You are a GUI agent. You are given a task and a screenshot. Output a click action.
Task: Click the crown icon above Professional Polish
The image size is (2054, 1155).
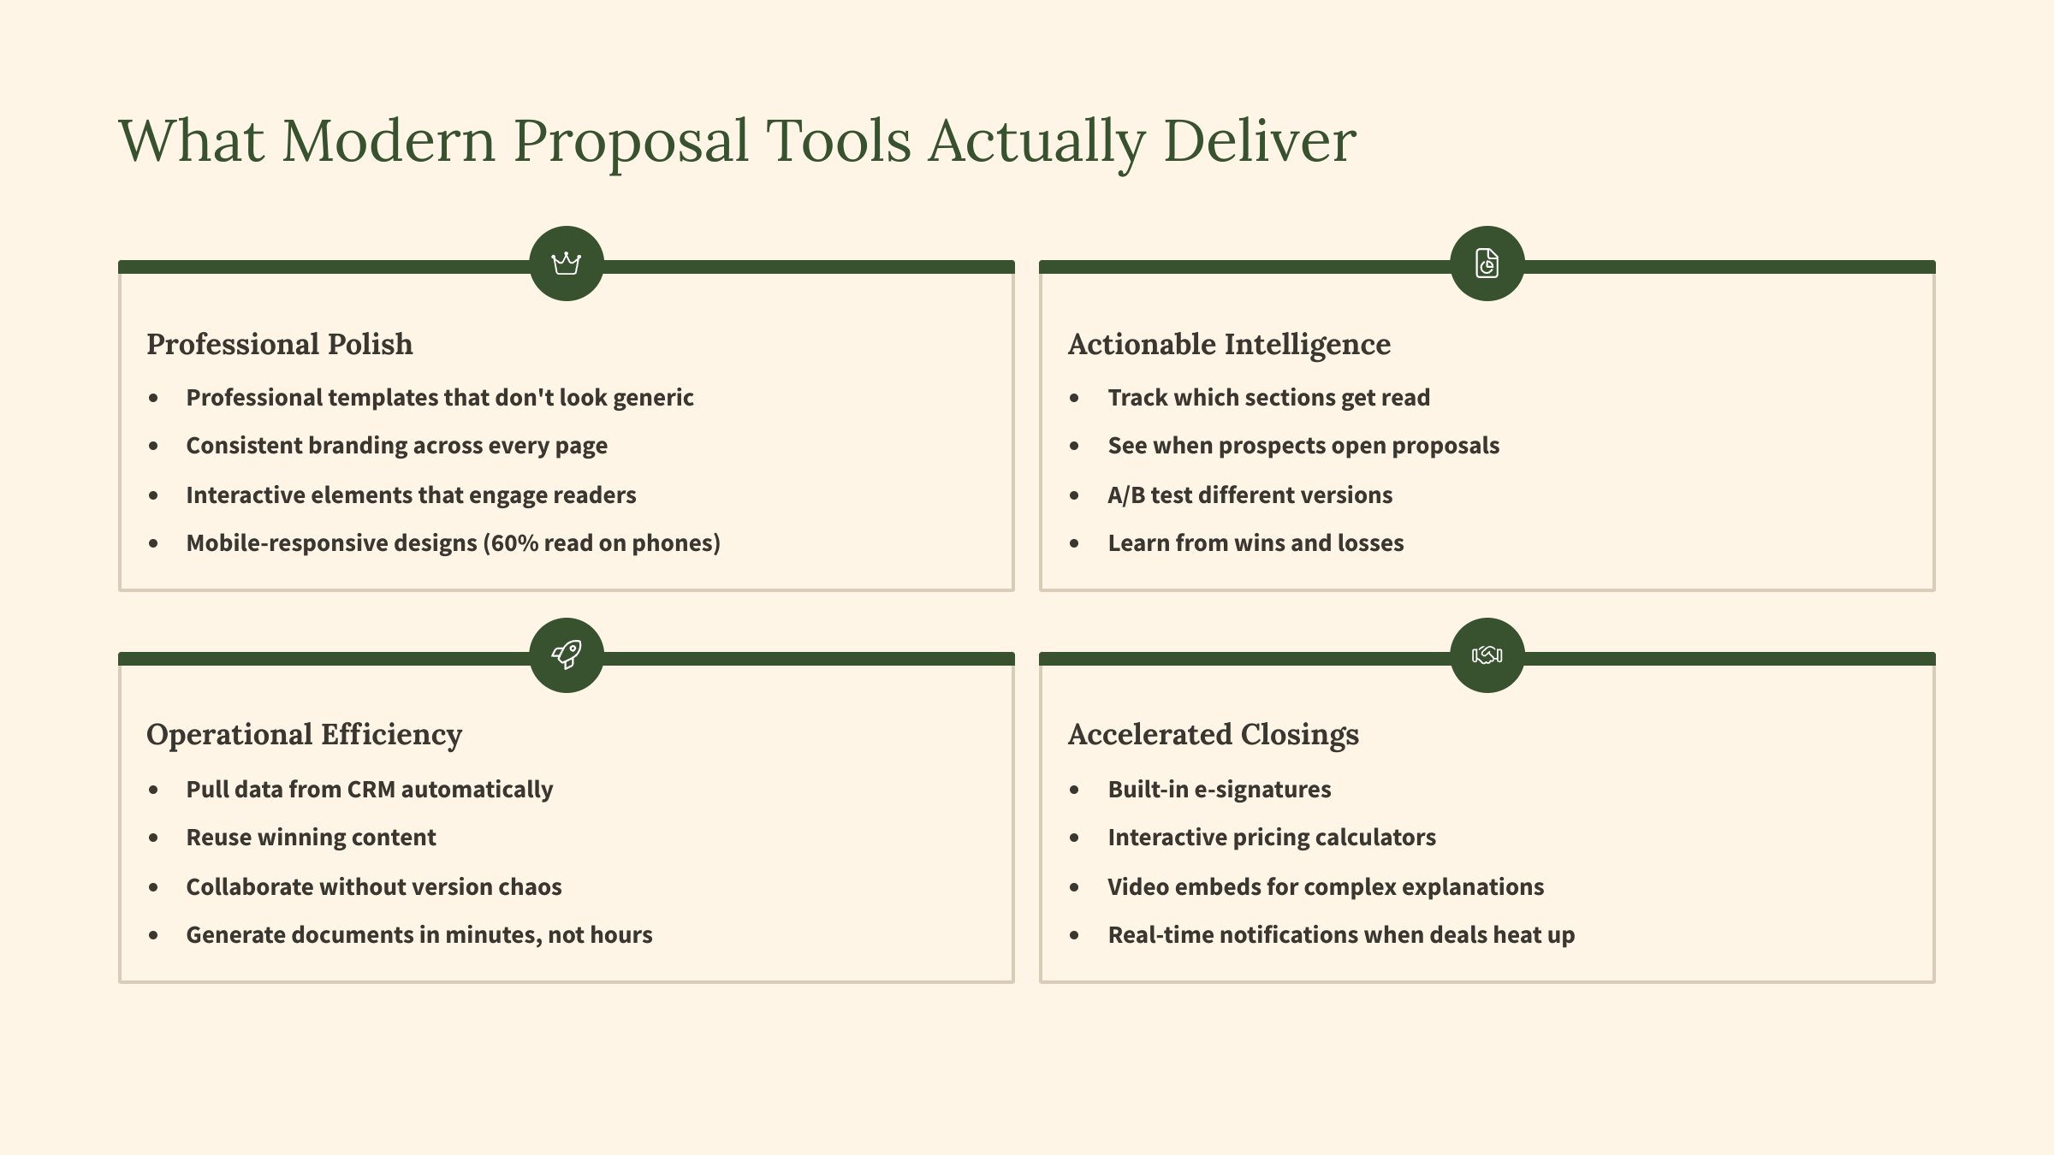click(x=567, y=264)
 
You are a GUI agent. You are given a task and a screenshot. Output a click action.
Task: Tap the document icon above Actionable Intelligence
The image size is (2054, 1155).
click(x=1487, y=264)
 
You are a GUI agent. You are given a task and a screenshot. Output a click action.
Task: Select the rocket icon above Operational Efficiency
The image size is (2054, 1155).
click(x=567, y=655)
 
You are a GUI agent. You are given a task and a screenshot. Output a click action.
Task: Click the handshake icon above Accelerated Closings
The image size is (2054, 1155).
click(x=1487, y=655)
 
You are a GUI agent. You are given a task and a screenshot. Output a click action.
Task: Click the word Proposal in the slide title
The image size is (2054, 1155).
click(x=631, y=142)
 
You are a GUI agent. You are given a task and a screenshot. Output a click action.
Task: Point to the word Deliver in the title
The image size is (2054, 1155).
click(x=1260, y=140)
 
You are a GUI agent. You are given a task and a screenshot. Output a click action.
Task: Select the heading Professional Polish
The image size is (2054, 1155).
click(x=280, y=344)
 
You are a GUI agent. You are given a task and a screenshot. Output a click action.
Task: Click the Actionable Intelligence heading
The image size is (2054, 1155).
click(x=1229, y=344)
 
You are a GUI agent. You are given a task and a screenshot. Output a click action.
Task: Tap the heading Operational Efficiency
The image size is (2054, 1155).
click(x=304, y=735)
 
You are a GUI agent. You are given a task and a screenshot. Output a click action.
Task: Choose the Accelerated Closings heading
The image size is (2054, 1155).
click(x=1214, y=735)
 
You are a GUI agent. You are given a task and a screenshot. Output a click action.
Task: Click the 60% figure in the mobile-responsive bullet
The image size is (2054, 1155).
click(x=515, y=543)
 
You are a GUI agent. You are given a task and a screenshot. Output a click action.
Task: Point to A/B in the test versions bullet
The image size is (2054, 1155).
click(x=1126, y=495)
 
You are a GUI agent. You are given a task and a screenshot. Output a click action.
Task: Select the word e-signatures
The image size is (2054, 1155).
click(x=1262, y=789)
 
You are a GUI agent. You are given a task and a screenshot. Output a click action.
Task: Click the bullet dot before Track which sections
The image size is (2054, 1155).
click(x=1074, y=398)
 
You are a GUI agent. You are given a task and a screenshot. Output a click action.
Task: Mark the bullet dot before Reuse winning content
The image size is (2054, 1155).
click(x=153, y=838)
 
